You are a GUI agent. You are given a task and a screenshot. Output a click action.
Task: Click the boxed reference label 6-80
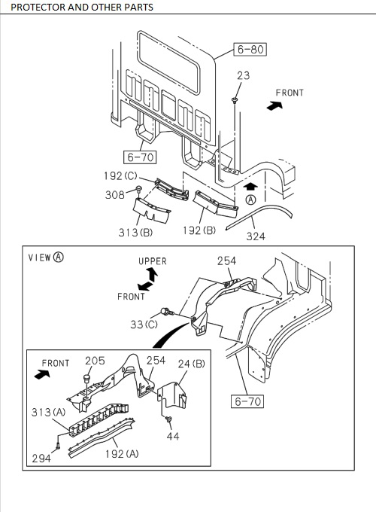click(x=251, y=50)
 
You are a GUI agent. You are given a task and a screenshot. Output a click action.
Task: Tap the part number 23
click(x=243, y=75)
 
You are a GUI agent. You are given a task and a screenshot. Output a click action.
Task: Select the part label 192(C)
click(x=120, y=175)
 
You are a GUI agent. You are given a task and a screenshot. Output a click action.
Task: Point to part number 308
click(x=116, y=194)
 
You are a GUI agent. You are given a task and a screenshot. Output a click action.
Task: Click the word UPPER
click(x=153, y=261)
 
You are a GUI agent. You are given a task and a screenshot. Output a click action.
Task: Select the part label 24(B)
click(x=192, y=364)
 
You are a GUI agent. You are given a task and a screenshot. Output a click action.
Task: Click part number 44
click(x=173, y=436)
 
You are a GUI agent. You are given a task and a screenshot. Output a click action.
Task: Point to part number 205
click(x=95, y=361)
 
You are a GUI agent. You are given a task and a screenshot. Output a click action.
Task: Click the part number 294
click(x=41, y=459)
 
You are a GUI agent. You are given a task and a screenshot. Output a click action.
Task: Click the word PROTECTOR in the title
click(x=37, y=7)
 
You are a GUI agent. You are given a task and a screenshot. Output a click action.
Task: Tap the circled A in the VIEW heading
click(x=59, y=257)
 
